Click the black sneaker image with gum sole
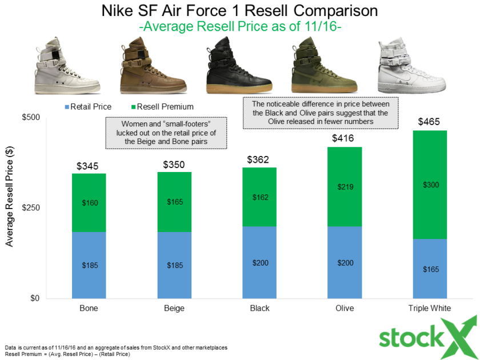(230, 67)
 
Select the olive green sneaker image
(315, 67)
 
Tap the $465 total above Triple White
(430, 121)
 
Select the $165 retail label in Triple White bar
(430, 269)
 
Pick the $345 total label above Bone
(88, 166)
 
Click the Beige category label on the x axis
(174, 309)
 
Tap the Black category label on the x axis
(259, 309)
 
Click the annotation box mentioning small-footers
(166, 133)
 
